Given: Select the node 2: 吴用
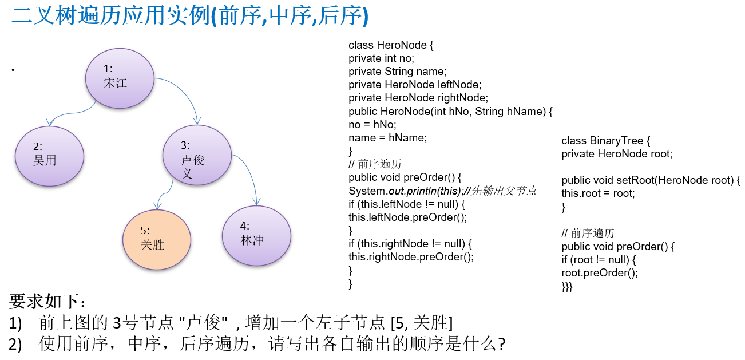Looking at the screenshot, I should click(50, 156).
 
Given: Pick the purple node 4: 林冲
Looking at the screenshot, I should click(256, 235).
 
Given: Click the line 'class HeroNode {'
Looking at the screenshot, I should click(391, 45).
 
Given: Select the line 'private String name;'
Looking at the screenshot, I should click(397, 72).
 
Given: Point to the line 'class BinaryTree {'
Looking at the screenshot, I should click(606, 141).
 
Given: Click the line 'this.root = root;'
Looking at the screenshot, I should click(598, 193).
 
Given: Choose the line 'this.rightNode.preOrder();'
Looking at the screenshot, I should click(411, 256).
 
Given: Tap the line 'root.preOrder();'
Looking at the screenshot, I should click(599, 273).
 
